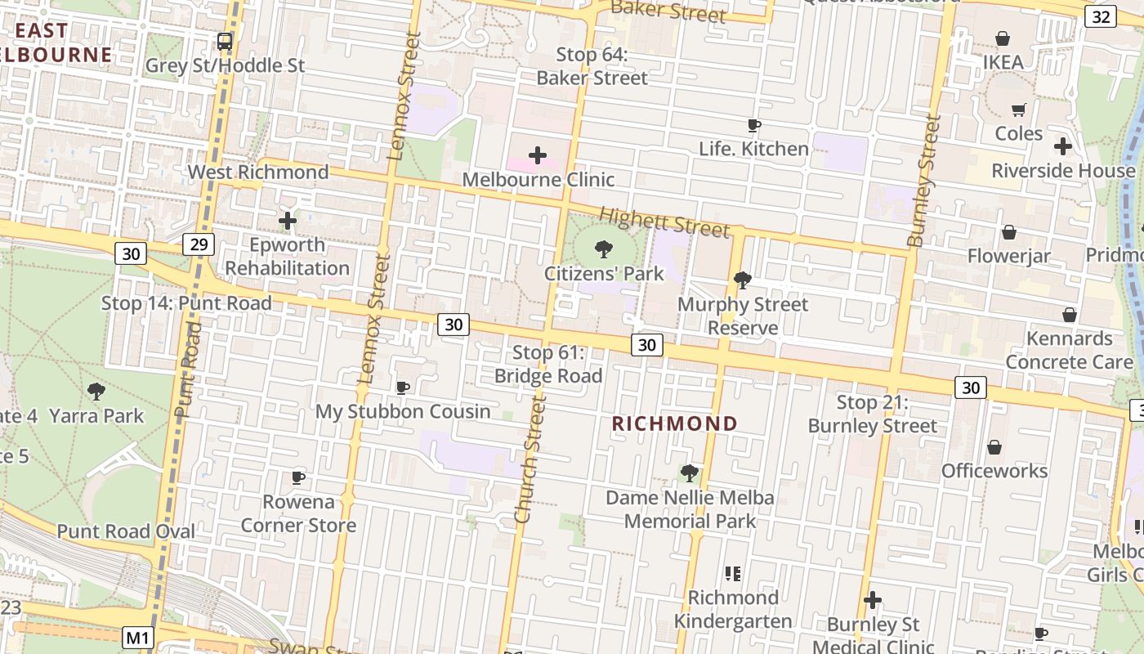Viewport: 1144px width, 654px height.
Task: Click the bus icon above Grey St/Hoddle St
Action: coord(225,40)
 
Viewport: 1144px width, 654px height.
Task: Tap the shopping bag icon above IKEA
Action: coord(1003,38)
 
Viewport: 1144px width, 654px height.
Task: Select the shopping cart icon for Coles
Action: coord(1019,110)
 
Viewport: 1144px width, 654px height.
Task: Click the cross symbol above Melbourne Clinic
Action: coord(538,155)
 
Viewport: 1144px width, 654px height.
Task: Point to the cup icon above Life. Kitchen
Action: coord(753,125)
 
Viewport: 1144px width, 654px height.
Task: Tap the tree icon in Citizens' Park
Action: coord(604,249)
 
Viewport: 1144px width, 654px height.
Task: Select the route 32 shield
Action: coord(1101,16)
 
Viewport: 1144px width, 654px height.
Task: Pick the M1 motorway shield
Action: coord(138,638)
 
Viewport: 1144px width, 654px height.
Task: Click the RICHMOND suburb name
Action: coord(675,423)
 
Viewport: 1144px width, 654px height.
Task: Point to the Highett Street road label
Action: coord(664,222)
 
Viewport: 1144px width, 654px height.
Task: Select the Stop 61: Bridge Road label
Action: coord(548,364)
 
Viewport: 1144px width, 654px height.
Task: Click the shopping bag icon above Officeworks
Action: coord(994,447)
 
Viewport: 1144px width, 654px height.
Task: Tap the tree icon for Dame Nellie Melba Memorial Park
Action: coord(689,473)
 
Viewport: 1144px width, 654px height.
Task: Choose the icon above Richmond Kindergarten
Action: coord(732,573)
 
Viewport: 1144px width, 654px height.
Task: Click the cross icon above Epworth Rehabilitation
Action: coord(288,221)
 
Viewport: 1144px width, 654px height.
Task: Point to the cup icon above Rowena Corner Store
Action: coord(298,477)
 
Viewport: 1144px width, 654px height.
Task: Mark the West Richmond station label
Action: coord(258,172)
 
